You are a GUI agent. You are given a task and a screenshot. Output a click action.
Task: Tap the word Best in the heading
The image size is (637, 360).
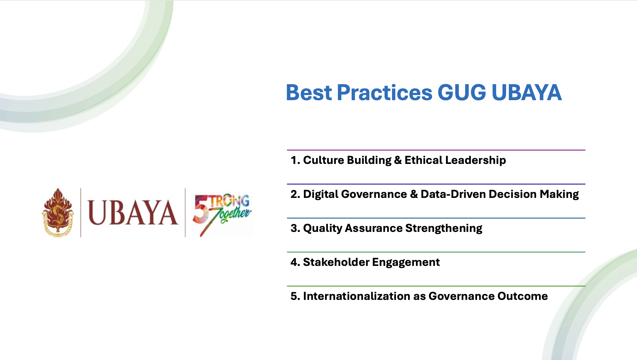click(x=309, y=92)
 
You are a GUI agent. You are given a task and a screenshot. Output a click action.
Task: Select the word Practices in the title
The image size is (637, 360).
click(x=384, y=92)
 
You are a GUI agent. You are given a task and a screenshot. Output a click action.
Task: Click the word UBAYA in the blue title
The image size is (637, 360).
click(x=526, y=92)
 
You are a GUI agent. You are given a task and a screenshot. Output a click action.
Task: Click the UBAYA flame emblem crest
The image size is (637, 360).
click(x=58, y=212)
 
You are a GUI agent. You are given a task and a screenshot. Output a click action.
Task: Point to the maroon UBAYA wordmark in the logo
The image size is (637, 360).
click(x=133, y=212)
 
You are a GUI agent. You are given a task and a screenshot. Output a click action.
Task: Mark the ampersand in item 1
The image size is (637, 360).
click(x=398, y=160)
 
